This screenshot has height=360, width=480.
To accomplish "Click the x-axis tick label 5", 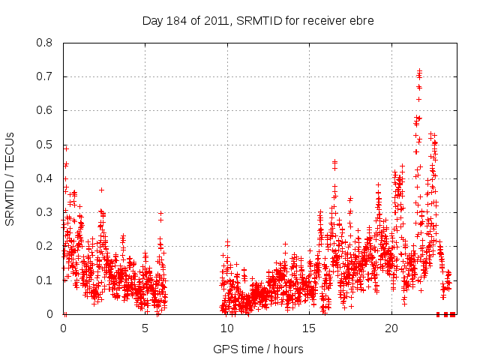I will click(x=145, y=328).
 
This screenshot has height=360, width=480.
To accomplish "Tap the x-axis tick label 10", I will click(x=227, y=328).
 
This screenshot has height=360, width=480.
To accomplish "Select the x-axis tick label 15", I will click(x=309, y=328).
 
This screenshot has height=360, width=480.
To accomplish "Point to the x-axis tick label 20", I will click(x=391, y=328).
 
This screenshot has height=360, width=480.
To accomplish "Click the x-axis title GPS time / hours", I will click(x=258, y=349).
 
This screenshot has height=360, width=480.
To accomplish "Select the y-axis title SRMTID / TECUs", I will click(x=10, y=178).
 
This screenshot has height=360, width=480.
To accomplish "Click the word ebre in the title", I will click(x=361, y=19).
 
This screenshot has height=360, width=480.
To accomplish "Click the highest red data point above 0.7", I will click(x=419, y=70).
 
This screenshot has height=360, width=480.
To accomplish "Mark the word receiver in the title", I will click(x=325, y=19).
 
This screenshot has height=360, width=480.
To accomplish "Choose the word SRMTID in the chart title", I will click(x=259, y=19).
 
